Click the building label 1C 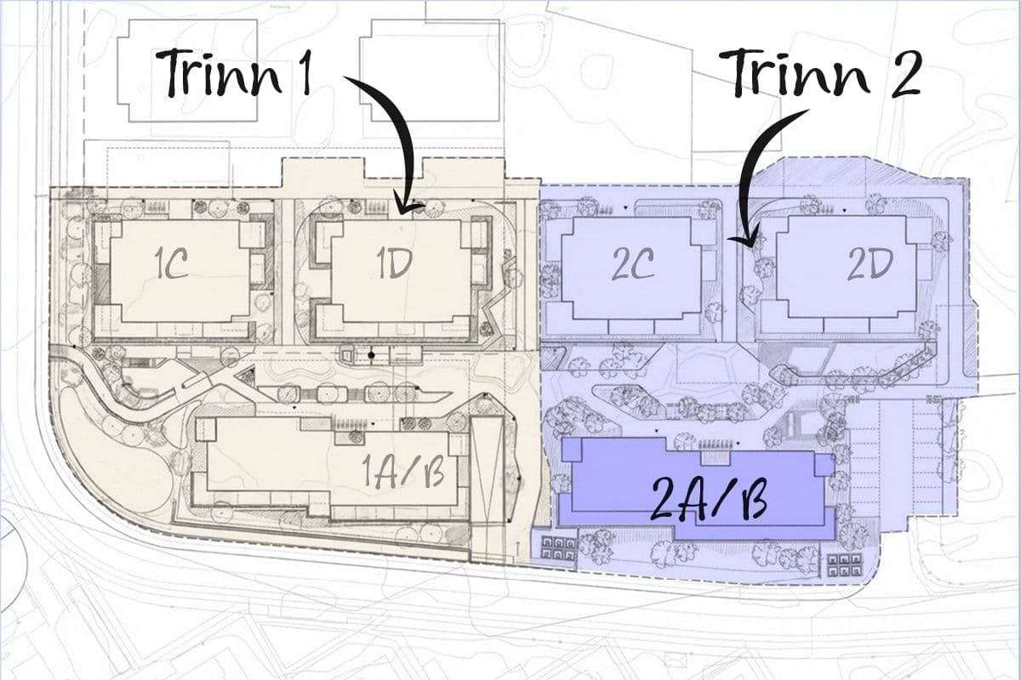[x=171, y=264]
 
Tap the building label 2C [x=632, y=263]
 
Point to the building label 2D [x=870, y=263]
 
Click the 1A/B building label [x=403, y=473]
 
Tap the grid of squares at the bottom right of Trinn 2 [x=845, y=565]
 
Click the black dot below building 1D [x=372, y=355]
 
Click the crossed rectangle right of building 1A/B [x=488, y=489]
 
